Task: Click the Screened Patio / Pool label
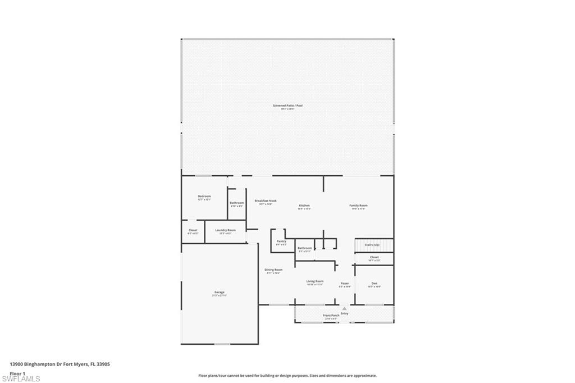point(287,106)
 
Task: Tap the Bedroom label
point(204,197)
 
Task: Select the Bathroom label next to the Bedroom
point(236,203)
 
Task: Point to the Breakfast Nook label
point(266,200)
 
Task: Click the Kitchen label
point(304,206)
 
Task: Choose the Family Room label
point(358,206)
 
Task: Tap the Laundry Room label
point(225,230)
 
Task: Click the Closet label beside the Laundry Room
point(193,230)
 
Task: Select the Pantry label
point(281,241)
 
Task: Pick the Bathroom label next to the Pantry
point(305,248)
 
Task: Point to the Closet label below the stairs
point(374,258)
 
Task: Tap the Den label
point(374,284)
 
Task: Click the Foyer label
point(345,284)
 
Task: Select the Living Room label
point(315,281)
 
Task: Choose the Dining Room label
point(274,270)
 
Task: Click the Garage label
point(219,293)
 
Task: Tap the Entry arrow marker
point(344,308)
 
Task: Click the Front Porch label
point(331,316)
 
